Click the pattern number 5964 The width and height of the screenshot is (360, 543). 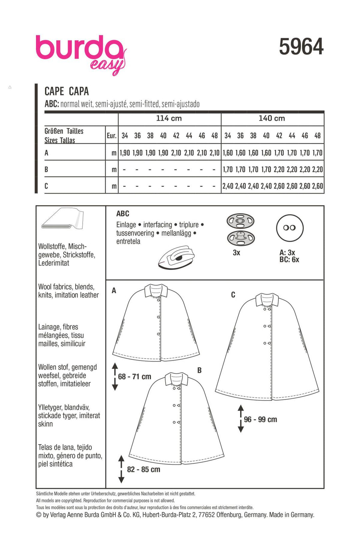pyautogui.click(x=301, y=47)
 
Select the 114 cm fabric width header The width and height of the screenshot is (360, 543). pyautogui.click(x=169, y=118)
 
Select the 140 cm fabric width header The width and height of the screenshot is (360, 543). pyautogui.click(x=272, y=118)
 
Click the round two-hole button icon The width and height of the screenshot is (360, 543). pyautogui.click(x=289, y=228)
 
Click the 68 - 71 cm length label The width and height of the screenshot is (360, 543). pyautogui.click(x=134, y=377)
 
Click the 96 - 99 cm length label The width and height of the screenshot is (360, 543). pyautogui.click(x=260, y=420)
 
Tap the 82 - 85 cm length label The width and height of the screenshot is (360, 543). pyautogui.click(x=143, y=470)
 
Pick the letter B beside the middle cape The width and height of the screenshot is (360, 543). pyautogui.click(x=199, y=370)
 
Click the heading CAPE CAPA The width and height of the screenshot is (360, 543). pyautogui.click(x=67, y=91)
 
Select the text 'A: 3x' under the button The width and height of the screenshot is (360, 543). pyautogui.click(x=287, y=252)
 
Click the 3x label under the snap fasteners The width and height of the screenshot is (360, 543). pyautogui.click(x=236, y=253)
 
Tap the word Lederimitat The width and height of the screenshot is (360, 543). pyautogui.click(x=54, y=263)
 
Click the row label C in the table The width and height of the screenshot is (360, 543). pyautogui.click(x=46, y=186)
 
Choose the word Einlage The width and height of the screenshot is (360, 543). pyautogui.click(x=126, y=225)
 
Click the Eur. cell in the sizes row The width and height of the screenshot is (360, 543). pyautogui.click(x=111, y=136)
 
